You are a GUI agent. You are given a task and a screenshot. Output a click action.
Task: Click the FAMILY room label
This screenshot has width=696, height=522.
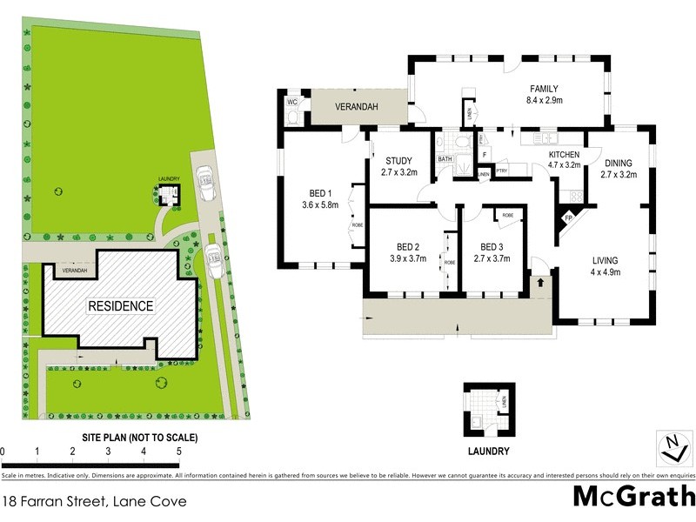pyautogui.click(x=544, y=89)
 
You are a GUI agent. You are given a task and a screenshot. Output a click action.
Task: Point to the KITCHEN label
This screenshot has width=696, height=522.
pyautogui.click(x=564, y=154)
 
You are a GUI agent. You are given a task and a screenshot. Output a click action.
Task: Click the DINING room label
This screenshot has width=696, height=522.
pyautogui.click(x=619, y=163)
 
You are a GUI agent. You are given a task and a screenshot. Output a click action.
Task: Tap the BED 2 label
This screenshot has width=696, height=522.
pyautogui.click(x=405, y=247)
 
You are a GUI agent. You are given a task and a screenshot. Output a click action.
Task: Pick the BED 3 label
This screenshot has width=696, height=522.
pyautogui.click(x=492, y=247)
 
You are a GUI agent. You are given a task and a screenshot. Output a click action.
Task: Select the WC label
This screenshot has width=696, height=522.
pyautogui.click(x=292, y=102)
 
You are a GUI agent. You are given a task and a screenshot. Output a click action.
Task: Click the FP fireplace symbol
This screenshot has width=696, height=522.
pyautogui.click(x=570, y=218)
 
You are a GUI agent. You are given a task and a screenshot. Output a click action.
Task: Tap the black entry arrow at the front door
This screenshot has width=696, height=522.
pyautogui.click(x=540, y=282)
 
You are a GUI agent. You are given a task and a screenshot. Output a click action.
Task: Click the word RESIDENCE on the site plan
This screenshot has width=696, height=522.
pyautogui.click(x=120, y=306)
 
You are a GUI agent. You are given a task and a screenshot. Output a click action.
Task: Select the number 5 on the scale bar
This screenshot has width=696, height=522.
pyautogui.click(x=178, y=452)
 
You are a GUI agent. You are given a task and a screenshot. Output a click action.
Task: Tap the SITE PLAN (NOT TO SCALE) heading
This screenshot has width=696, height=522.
pyautogui.click(x=140, y=437)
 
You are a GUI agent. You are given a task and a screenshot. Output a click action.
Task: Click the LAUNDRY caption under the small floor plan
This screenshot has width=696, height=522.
pyautogui.click(x=487, y=452)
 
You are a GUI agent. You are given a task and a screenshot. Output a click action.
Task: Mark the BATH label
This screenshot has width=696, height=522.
pyautogui.click(x=445, y=159)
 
